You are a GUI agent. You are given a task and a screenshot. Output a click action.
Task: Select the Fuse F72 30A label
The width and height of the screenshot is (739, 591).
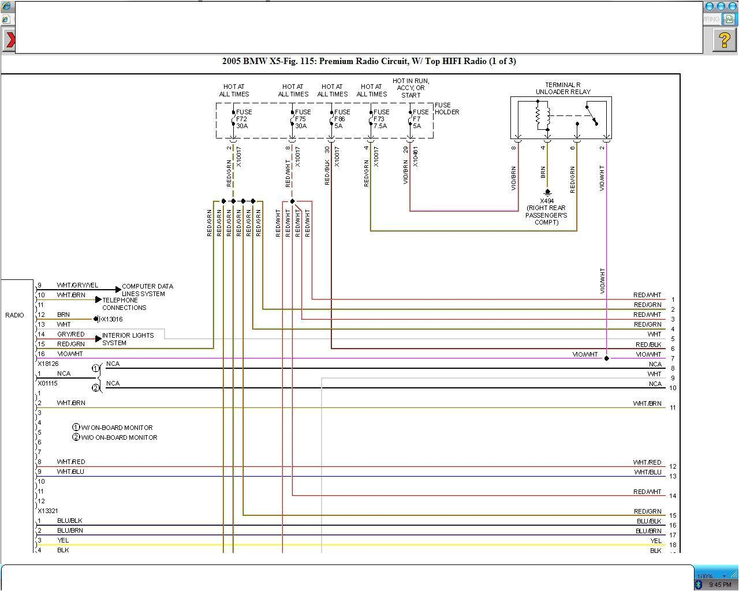coord(243,119)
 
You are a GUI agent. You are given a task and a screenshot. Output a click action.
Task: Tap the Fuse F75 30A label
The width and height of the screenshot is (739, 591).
coord(302,119)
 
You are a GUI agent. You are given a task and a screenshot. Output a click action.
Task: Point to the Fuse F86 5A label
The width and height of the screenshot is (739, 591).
coord(341,119)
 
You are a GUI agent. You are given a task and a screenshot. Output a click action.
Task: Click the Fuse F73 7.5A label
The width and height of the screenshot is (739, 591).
coord(380,119)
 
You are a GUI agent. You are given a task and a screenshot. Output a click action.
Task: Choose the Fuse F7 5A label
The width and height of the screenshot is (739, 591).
coord(420,119)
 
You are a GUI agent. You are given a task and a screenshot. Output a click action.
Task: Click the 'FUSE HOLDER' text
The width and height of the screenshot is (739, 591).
coord(446,109)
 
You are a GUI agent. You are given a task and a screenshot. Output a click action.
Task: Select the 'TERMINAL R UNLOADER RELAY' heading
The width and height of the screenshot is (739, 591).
coord(562,88)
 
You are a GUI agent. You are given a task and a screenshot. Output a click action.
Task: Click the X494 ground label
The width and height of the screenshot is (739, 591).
coord(547,201)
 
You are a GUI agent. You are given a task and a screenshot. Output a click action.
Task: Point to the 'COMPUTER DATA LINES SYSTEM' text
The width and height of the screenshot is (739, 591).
coord(147,290)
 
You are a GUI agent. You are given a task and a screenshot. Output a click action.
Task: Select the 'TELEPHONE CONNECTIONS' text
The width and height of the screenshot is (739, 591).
coord(124,304)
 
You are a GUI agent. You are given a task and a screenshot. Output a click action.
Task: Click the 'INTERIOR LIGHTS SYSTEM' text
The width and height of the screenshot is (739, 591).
coord(128,339)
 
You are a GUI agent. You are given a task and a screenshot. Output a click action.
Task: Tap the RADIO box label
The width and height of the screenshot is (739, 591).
coord(15,315)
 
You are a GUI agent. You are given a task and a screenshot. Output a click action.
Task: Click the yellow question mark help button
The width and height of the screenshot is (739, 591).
coord(724,40)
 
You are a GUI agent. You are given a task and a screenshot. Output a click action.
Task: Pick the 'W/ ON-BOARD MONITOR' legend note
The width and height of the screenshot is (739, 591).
coord(116,428)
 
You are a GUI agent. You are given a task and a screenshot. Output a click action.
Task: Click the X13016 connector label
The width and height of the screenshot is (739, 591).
coord(111,319)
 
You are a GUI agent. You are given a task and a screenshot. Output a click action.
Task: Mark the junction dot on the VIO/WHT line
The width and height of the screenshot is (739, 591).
coord(606,358)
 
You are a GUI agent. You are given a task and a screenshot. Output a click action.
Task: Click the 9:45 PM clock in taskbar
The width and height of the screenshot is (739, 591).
coord(720,585)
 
